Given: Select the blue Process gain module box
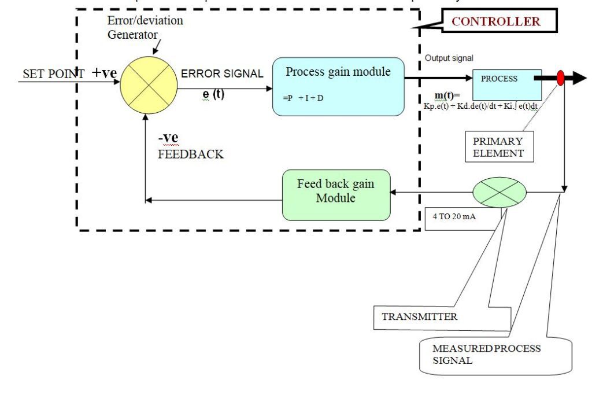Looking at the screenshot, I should point(338,86).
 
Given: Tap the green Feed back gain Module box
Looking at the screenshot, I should point(336,194).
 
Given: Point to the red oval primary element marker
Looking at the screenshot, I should point(560,78).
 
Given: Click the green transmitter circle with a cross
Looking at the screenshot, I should point(499,191).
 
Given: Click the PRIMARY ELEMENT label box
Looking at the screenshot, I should point(498,147).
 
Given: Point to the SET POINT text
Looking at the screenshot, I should point(53,74).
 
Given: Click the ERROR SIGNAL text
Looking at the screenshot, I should point(222,74).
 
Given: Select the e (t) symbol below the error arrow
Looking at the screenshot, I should point(213,94).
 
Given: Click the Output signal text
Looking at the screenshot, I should point(449,58).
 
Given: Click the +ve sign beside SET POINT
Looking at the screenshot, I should point(104,73).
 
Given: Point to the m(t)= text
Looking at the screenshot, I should point(447,95).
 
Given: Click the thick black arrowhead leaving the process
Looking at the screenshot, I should point(579,78).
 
